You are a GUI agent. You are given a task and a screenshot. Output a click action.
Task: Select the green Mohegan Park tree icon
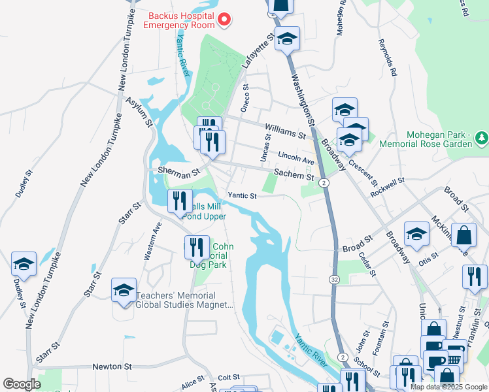point(481,137)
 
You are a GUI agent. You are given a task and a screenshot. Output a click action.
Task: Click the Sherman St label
point(178,174)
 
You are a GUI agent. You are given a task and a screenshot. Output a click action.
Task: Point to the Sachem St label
point(294,174)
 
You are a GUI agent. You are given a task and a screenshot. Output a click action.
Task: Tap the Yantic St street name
point(242,195)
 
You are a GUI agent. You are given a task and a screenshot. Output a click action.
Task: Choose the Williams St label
point(286,131)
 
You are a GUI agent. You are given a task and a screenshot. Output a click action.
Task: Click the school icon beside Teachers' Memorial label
point(124,291)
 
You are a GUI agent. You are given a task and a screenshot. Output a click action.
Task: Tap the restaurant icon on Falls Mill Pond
point(180,202)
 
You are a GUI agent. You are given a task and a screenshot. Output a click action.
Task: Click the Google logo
point(22,384)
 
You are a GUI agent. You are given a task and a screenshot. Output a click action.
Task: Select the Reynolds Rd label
point(387,58)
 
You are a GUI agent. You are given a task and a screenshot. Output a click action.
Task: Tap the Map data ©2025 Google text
point(449,387)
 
